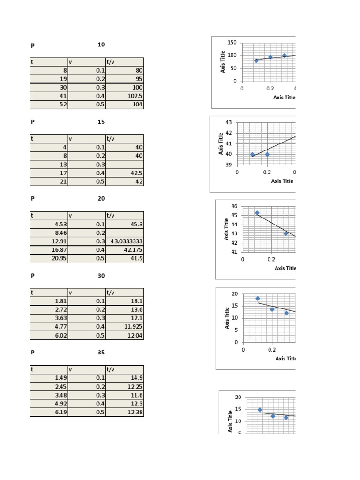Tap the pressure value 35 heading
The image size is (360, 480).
point(101,352)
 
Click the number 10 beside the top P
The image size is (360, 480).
point(101,45)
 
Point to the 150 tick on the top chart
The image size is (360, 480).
point(232,43)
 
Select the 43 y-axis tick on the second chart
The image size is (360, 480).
point(229,122)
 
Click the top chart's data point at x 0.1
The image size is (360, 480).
point(256,60)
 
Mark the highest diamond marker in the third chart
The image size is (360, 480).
point(257,213)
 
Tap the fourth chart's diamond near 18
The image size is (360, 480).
point(258,298)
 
